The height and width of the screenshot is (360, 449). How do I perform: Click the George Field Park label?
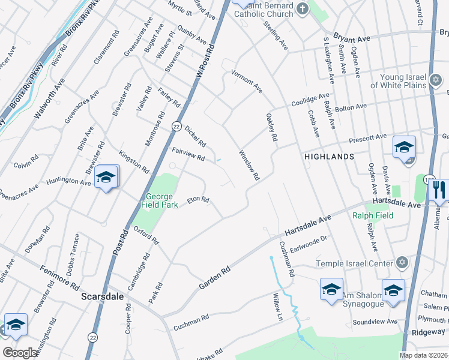coord(160,200)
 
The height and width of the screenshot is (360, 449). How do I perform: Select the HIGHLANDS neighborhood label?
coord(328,156)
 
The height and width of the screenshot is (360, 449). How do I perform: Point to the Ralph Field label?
coord(373,215)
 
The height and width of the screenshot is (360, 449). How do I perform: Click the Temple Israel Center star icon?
coord(402,263)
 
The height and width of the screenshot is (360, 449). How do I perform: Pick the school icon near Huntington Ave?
coord(106,178)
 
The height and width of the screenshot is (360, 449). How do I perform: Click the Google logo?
coord(20,352)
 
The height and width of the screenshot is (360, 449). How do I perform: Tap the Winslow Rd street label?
coord(249,166)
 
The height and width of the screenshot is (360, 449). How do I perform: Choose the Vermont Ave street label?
coord(247,81)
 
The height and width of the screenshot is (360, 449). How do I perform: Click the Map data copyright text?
coord(423,355)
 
